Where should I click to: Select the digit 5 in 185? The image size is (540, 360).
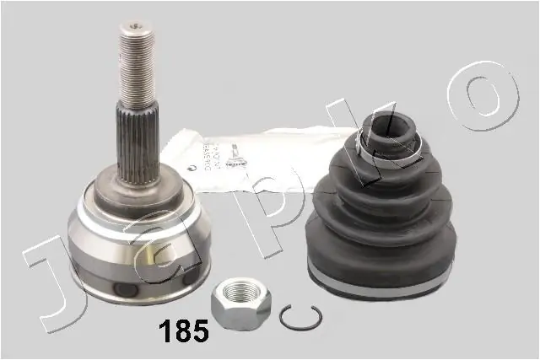[201, 331]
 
